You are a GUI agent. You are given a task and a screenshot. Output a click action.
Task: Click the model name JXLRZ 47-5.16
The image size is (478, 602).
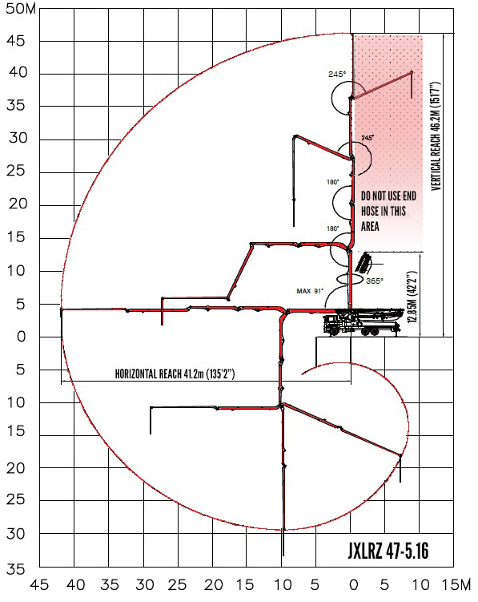click(x=388, y=551)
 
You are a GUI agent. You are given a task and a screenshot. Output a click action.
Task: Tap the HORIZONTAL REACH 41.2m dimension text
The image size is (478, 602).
click(x=175, y=374)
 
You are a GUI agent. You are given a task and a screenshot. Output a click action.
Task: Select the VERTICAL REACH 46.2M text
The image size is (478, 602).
click(x=436, y=136)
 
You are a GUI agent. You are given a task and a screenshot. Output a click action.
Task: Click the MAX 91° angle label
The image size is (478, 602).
click(x=310, y=291)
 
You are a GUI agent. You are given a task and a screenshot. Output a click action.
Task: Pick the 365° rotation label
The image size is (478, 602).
click(x=375, y=281)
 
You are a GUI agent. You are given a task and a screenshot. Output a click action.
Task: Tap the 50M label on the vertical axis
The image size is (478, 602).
click(x=21, y=9)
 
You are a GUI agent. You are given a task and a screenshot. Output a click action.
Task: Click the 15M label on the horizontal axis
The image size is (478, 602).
click(x=456, y=585)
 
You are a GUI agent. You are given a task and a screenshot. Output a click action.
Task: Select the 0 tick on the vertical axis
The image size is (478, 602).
click(x=21, y=337)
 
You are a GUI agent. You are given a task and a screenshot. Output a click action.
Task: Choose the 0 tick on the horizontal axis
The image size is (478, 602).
click(x=354, y=585)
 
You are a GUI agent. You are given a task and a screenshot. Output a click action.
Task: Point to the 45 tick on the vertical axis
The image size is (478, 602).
click(x=16, y=41)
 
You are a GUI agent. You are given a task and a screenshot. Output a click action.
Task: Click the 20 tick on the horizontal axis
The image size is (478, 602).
click(x=213, y=585)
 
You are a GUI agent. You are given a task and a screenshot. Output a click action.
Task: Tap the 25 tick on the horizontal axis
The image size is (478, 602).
click(x=177, y=585)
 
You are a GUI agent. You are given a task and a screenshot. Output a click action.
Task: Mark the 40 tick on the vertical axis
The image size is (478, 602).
click(x=18, y=72)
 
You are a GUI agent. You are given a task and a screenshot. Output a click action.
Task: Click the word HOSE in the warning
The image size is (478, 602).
click(x=370, y=211)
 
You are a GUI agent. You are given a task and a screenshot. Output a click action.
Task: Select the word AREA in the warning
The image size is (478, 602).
click(x=370, y=227)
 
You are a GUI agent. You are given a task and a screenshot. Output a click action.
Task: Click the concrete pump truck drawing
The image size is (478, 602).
click(x=362, y=321)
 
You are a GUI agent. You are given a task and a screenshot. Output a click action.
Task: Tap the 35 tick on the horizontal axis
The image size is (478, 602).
click(x=110, y=585)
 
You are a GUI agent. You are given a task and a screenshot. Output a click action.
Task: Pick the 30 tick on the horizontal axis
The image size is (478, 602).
click(x=145, y=585)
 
